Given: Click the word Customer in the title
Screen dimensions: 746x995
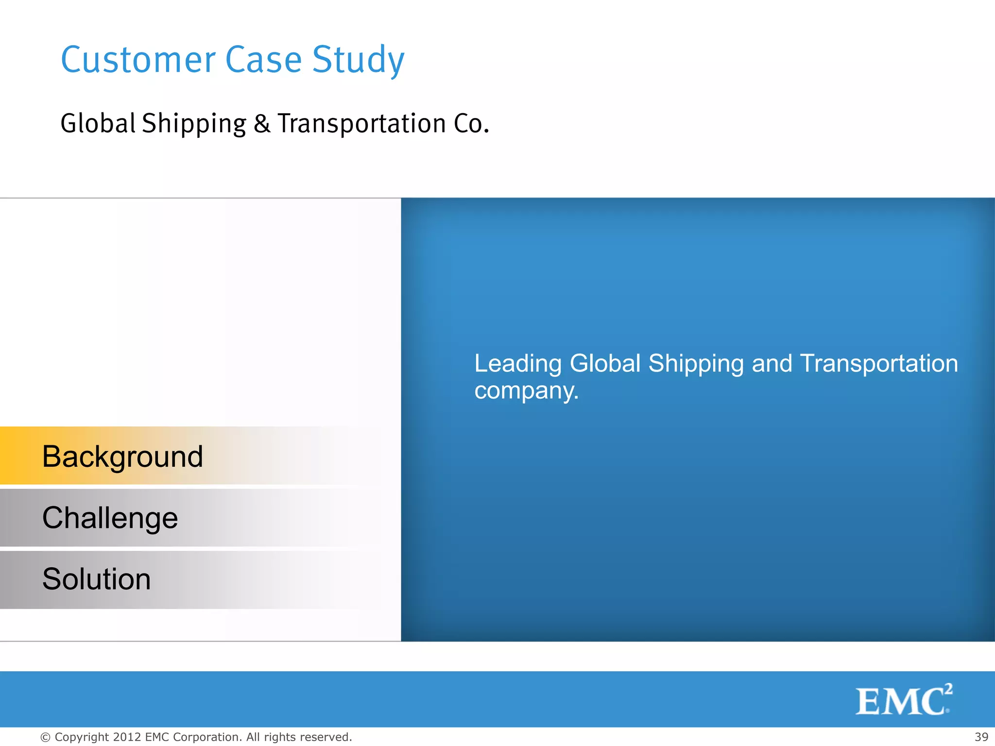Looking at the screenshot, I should (x=138, y=60).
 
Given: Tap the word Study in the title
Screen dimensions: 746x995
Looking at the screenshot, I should (x=358, y=61).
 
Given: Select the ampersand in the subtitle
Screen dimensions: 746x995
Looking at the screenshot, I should (x=261, y=123).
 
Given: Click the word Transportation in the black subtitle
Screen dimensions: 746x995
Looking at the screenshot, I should (x=361, y=123).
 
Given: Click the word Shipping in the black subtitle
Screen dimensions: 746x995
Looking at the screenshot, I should (x=194, y=124).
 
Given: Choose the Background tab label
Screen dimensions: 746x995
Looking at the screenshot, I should (x=122, y=457).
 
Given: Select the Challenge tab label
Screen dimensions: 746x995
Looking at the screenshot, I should (x=110, y=518).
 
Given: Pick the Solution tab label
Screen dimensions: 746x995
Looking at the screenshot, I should (x=96, y=579).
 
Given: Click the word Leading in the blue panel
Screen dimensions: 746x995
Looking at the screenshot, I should (x=518, y=364).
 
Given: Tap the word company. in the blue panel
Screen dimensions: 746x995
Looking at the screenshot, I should (x=527, y=391).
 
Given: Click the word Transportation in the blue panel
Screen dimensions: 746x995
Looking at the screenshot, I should (x=879, y=363).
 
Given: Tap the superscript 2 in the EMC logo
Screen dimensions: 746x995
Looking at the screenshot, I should (x=948, y=689).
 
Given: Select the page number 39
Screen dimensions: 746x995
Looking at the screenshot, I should (x=981, y=737).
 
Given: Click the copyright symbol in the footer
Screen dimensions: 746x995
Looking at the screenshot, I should (x=45, y=737).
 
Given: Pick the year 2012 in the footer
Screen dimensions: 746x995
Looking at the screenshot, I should (x=127, y=737).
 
